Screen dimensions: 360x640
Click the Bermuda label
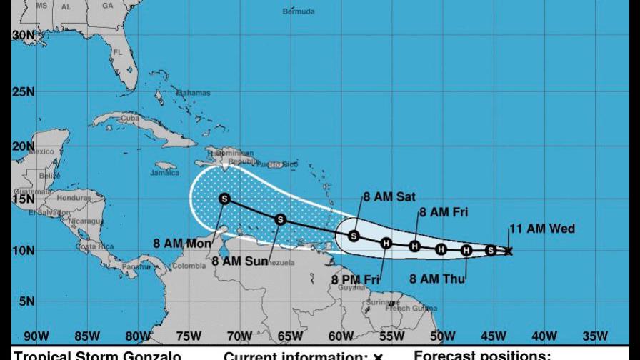(x=298, y=11)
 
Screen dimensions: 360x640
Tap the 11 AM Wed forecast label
(x=541, y=229)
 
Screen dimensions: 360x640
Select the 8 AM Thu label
(x=436, y=279)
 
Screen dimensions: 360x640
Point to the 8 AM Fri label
(x=442, y=211)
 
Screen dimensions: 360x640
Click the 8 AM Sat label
(x=389, y=197)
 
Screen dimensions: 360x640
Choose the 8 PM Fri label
(x=355, y=280)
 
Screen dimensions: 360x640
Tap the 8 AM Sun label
(x=239, y=261)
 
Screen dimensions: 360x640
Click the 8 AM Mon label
(x=182, y=244)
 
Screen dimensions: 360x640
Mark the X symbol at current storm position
(x=509, y=251)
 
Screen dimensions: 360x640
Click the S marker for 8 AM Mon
(x=225, y=199)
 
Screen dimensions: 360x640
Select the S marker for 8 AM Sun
(x=281, y=219)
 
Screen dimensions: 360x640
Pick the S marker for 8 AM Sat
(x=354, y=236)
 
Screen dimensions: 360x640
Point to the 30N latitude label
(x=23, y=35)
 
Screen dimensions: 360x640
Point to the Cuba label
(x=129, y=118)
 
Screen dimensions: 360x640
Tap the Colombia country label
(x=189, y=267)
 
